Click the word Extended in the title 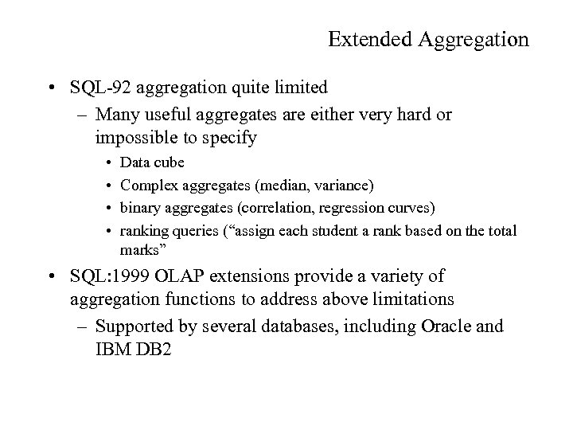pyautogui.click(x=363, y=40)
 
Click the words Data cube pyautogui.click(x=152, y=162)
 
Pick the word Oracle pyautogui.click(x=447, y=327)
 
